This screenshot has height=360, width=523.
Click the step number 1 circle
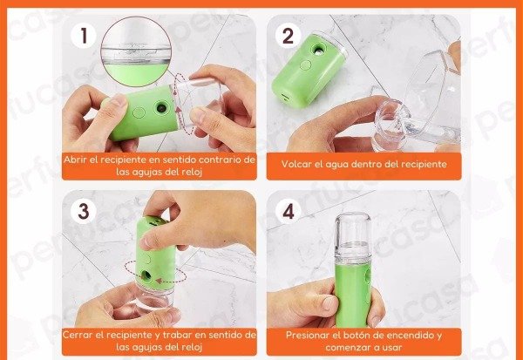coord(84,36)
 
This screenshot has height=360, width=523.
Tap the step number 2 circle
coord(288,36)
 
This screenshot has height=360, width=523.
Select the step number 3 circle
coord(84,211)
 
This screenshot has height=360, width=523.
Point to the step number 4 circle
coord(288,211)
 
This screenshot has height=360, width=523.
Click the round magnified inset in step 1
coord(136,51)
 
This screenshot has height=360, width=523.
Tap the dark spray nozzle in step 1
coord(161,108)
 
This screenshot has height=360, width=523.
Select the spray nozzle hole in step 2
coord(318,51)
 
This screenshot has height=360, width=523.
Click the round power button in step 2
coord(305,65)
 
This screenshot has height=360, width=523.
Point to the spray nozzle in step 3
coord(146,275)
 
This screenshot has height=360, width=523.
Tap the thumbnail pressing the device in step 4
coord(329,303)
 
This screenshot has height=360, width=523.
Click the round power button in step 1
coord(139,112)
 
